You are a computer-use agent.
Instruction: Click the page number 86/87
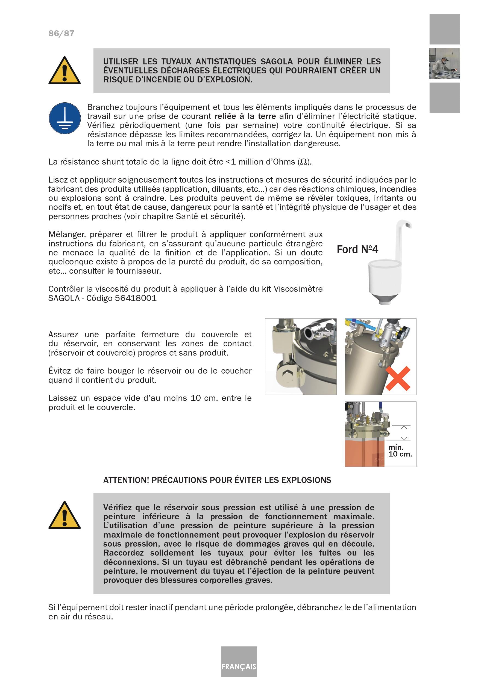[x=61, y=33]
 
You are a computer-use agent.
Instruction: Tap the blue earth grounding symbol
[x=65, y=118]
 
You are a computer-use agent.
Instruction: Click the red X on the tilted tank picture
[x=398, y=378]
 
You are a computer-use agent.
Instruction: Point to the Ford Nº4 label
[x=357, y=249]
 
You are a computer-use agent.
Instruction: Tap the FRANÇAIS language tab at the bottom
[x=239, y=666]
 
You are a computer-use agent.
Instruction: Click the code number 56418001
[x=136, y=298]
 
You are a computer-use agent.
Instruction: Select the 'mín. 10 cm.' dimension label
[x=400, y=451]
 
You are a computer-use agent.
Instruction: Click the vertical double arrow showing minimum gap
[x=405, y=433]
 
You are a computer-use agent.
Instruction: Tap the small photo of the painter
[x=444, y=63]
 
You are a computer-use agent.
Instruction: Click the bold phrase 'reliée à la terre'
[x=245, y=116]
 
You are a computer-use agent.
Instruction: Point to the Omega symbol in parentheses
[x=303, y=162]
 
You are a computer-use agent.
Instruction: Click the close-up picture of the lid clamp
[x=301, y=356]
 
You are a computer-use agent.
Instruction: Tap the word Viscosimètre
[x=298, y=289]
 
